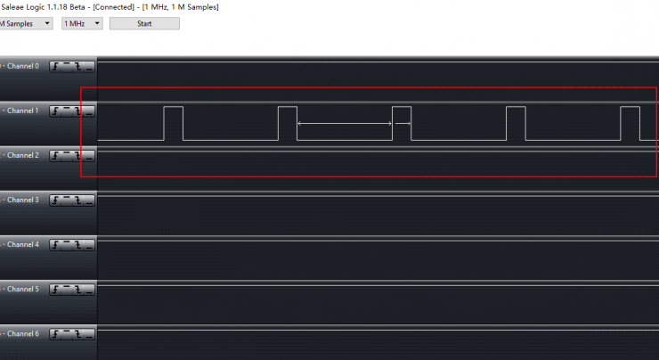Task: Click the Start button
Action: click(144, 23)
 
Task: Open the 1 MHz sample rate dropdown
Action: click(82, 23)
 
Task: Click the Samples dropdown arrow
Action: click(47, 23)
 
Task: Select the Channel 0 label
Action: click(22, 66)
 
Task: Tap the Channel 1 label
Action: click(22, 110)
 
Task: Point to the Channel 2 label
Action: click(22, 155)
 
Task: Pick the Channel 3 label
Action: click(22, 200)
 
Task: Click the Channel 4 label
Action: click(22, 244)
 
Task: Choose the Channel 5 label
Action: click(22, 289)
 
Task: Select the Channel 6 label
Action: click(22, 333)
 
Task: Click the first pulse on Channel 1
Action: click(174, 107)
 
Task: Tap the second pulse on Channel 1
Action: click(288, 107)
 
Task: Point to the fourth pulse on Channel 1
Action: click(517, 107)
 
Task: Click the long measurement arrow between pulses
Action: click(345, 124)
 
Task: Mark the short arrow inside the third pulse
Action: click(403, 124)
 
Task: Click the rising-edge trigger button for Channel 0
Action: click(55, 67)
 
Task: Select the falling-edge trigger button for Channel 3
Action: click(78, 200)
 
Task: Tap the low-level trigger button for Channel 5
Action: click(89, 290)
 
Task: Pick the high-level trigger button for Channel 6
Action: click(67, 334)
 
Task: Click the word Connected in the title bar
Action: click(113, 7)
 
